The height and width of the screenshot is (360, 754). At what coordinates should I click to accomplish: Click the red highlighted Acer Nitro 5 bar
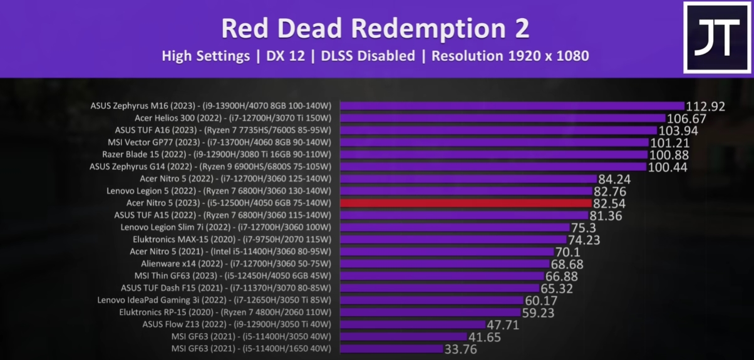pyautogui.click(x=465, y=203)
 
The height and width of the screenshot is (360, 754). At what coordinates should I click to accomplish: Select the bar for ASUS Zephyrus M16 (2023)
pyautogui.click(x=512, y=106)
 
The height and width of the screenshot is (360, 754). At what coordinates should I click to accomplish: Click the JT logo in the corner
pyautogui.click(x=716, y=38)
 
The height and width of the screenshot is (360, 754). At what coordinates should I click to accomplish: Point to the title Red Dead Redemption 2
pyautogui.click(x=375, y=28)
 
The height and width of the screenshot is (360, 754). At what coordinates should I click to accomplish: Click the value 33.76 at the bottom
pyautogui.click(x=460, y=349)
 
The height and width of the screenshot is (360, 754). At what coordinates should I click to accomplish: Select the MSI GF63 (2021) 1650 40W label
pyautogui.click(x=251, y=348)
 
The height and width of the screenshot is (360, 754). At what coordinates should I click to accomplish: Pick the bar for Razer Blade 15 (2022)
pyautogui.click(x=493, y=155)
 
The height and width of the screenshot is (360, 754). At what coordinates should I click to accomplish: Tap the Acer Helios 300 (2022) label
pyautogui.click(x=233, y=118)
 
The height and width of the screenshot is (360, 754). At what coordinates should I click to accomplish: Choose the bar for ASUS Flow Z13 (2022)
pyautogui.click(x=413, y=324)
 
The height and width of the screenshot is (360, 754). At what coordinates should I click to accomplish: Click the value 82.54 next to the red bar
pyautogui.click(x=609, y=203)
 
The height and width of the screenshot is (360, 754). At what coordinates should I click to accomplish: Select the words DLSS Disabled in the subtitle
pyautogui.click(x=368, y=56)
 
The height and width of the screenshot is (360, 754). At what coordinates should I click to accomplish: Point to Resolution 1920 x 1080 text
pyautogui.click(x=510, y=56)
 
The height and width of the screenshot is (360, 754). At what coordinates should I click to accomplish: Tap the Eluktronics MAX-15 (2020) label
pyautogui.click(x=232, y=239)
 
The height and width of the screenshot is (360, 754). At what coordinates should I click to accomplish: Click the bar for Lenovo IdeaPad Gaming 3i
pyautogui.click(x=431, y=300)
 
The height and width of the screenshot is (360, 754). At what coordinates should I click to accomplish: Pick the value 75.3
pyautogui.click(x=583, y=228)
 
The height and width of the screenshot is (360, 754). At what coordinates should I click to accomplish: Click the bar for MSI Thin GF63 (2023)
pyautogui.click(x=442, y=275)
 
